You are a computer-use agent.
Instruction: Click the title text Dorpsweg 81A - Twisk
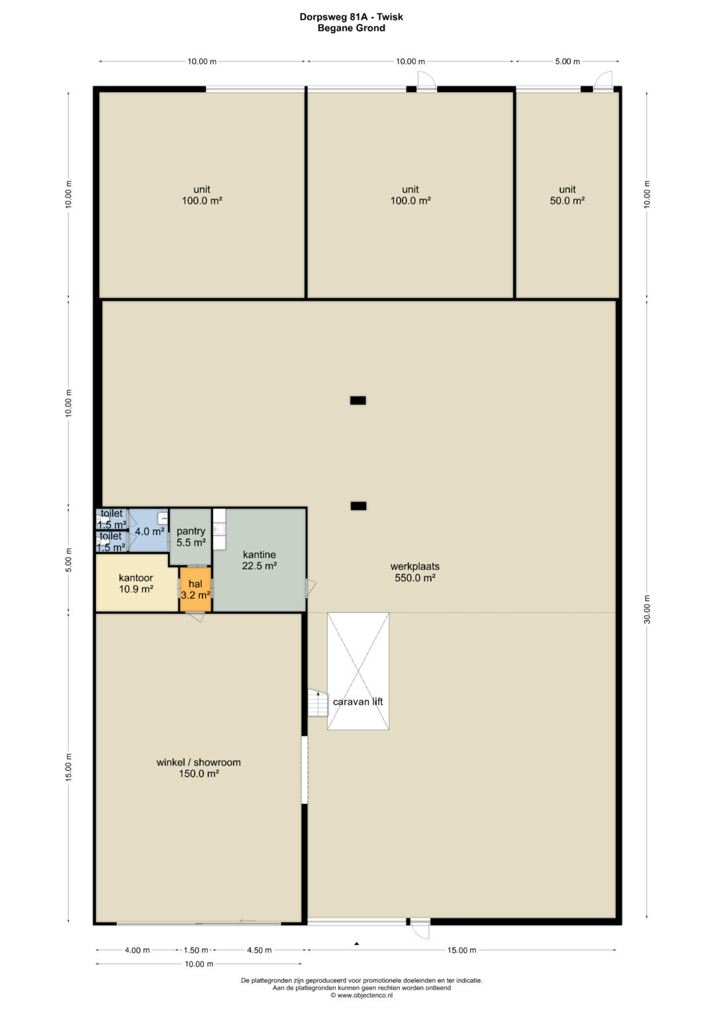(x=351, y=17)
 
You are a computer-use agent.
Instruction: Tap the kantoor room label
(x=136, y=583)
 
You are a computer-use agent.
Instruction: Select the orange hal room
(x=195, y=589)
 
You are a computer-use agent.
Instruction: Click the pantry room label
(x=191, y=537)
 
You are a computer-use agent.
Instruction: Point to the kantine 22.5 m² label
(x=259, y=560)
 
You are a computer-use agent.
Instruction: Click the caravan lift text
(x=358, y=702)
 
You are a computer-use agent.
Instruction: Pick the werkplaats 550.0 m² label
(x=415, y=572)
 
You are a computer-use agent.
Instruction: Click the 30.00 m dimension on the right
(x=647, y=609)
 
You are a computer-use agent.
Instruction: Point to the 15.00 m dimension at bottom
(x=462, y=950)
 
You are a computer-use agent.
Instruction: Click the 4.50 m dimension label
(x=259, y=950)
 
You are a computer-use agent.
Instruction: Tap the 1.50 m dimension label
(x=196, y=950)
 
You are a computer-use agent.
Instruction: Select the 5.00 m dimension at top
(x=567, y=62)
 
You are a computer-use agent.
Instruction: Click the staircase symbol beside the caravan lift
(x=318, y=703)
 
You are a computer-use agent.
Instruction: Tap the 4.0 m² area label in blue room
(x=150, y=532)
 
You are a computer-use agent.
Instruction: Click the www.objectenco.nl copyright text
(x=361, y=995)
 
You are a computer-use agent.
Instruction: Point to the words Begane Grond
(x=351, y=28)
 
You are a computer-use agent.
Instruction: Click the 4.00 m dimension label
(x=137, y=950)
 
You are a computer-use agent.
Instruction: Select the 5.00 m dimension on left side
(x=69, y=560)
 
